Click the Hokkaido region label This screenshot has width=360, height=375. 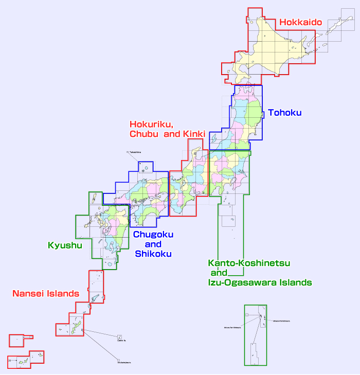[x=300, y=23]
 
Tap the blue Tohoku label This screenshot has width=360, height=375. [x=284, y=113]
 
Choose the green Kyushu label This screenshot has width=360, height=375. [x=65, y=245]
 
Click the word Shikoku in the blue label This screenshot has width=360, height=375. [x=153, y=254]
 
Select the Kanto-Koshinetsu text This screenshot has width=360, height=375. [x=249, y=263]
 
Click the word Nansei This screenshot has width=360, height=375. [x=29, y=294]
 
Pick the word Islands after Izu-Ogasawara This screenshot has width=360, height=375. [x=295, y=282]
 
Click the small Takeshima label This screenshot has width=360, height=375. [x=135, y=152]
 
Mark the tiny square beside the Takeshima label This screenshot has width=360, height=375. [x=128, y=152]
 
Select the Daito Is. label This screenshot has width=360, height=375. [x=121, y=341]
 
